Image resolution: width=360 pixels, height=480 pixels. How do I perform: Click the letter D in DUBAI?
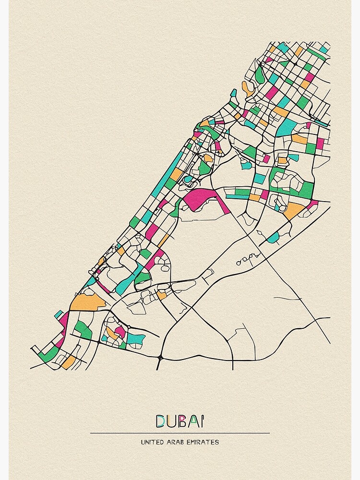tap(160, 421)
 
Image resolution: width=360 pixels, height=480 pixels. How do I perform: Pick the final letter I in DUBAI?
tap(202, 421)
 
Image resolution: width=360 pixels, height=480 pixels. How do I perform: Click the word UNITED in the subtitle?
tap(153, 442)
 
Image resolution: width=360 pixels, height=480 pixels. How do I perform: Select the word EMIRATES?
tap(204, 442)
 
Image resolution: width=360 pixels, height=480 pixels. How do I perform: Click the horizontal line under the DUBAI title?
tap(180, 433)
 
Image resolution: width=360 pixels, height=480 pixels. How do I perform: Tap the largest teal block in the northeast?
tap(288, 127)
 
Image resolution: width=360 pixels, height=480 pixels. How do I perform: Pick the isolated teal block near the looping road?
tap(273, 238)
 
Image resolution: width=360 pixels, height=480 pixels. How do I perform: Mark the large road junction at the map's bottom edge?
tap(160, 358)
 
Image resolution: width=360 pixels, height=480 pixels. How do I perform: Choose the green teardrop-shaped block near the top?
tap(260, 74)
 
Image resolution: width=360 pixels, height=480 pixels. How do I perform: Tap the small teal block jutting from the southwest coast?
tap(59, 314)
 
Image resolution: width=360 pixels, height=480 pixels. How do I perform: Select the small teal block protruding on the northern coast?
tap(234, 93)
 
